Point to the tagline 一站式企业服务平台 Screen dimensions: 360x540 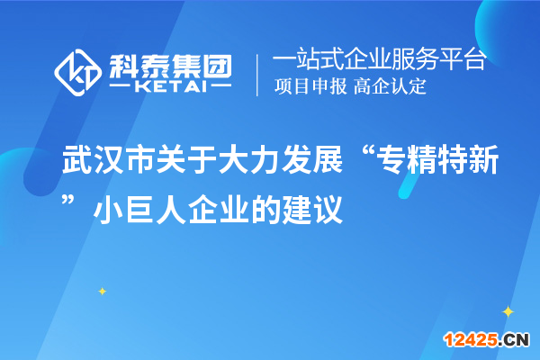pyautogui.click(x=379, y=60)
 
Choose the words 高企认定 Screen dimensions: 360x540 pyautogui.click(x=390, y=87)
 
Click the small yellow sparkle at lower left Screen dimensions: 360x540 pyautogui.click(x=102, y=291)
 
